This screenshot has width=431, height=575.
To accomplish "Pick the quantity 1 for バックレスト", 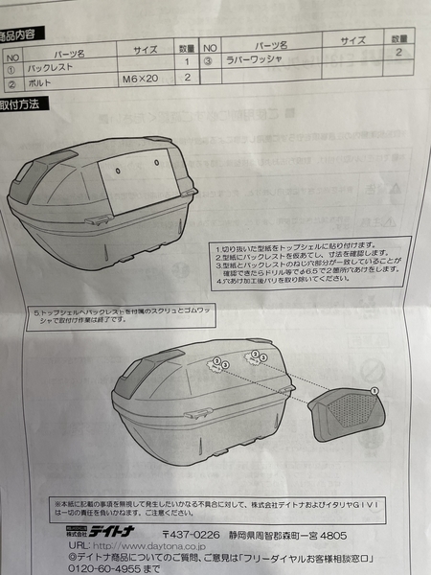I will [x=188, y=62].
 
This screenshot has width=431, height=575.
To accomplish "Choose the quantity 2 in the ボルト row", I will [x=188, y=78].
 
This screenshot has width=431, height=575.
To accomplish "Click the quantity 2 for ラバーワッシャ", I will [x=397, y=54].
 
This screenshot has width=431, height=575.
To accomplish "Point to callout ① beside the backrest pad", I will [x=374, y=389].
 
